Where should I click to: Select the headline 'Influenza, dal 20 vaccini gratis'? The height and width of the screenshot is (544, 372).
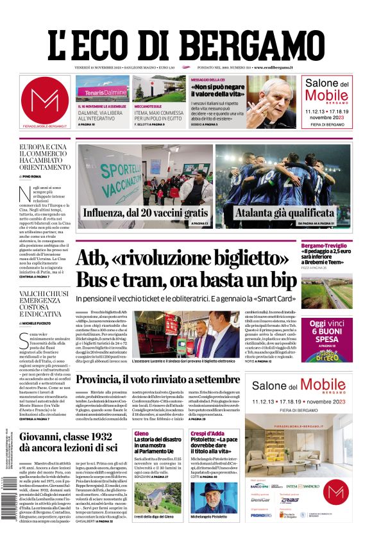(146, 212)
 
